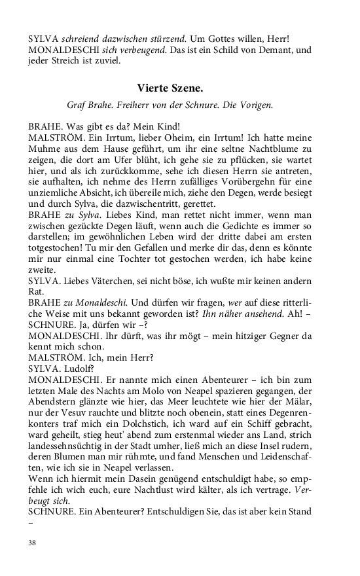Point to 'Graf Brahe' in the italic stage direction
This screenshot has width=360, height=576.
[90, 105]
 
